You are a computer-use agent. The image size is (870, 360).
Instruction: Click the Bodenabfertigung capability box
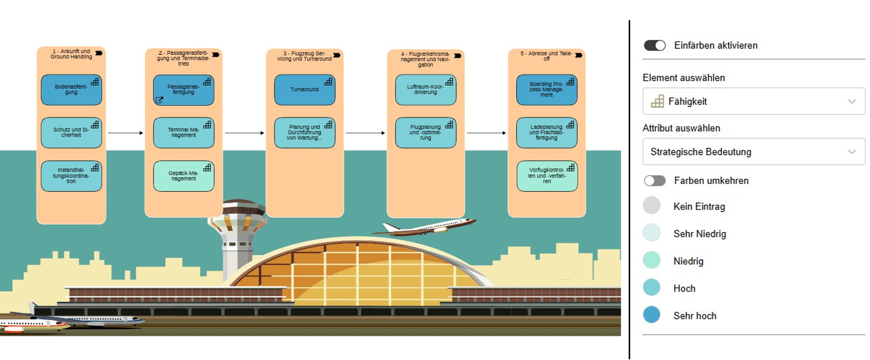click(71, 90)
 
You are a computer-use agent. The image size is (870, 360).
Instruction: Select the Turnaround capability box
click(305, 90)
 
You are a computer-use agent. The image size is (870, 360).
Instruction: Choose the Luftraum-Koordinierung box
click(426, 90)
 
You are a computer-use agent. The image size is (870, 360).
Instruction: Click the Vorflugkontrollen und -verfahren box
click(547, 176)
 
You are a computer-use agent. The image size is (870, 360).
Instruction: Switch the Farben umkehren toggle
click(654, 181)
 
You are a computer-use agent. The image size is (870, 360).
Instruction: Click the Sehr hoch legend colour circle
click(651, 315)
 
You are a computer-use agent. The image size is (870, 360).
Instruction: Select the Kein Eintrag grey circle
click(651, 205)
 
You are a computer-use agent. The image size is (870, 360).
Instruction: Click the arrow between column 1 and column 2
click(125, 133)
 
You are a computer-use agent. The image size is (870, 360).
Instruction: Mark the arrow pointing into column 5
click(486, 133)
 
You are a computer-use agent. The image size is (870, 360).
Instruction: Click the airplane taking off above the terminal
click(426, 227)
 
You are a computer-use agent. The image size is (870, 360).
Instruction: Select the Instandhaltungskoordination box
click(71, 176)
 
